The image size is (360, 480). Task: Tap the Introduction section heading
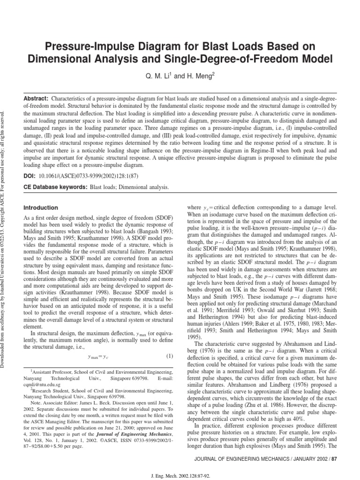pos(41,208)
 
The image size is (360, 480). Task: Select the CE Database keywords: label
pos(55,187)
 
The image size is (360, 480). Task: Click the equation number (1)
pos(171,344)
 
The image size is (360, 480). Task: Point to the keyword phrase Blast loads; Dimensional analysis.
pos(129,187)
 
